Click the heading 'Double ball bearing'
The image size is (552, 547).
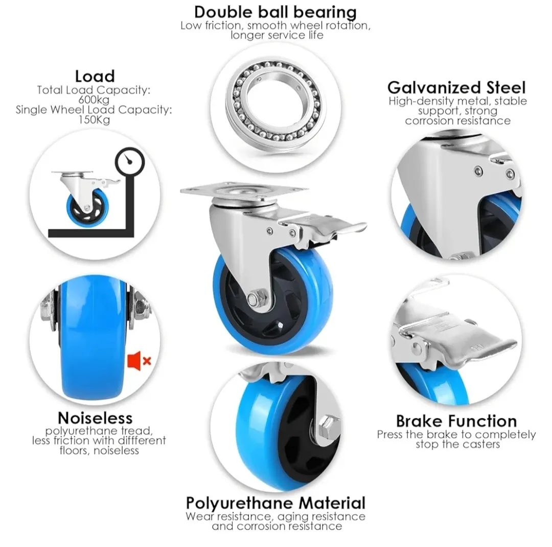[275, 12]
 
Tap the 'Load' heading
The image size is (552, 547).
[95, 76]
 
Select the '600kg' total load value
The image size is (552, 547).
[94, 100]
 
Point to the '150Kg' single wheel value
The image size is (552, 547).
[94, 119]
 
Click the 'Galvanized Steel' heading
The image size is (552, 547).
[456, 87]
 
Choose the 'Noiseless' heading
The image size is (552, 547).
[95, 418]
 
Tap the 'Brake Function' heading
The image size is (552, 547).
[456, 421]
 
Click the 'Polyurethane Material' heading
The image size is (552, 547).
[275, 503]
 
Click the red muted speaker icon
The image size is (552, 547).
[139, 361]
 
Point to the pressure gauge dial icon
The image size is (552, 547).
[130, 161]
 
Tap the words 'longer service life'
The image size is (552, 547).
[277, 35]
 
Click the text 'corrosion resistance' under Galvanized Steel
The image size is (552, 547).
[457, 121]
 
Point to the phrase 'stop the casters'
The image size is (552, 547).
[457, 444]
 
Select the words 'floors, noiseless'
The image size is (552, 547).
[99, 450]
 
